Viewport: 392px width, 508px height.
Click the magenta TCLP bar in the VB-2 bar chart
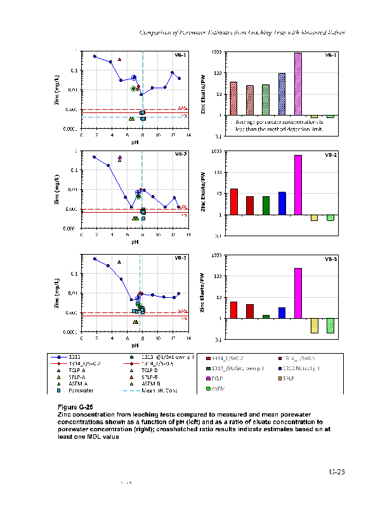point(298,185)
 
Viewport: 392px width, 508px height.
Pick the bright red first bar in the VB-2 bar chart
point(233,201)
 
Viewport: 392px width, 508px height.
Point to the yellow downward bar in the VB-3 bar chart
point(314,325)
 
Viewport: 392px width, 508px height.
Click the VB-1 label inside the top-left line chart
point(180,55)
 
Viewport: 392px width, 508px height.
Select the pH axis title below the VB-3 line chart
point(135,345)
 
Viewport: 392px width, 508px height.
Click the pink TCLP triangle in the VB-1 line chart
point(119,60)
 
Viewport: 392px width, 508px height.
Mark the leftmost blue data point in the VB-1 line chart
point(95,56)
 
